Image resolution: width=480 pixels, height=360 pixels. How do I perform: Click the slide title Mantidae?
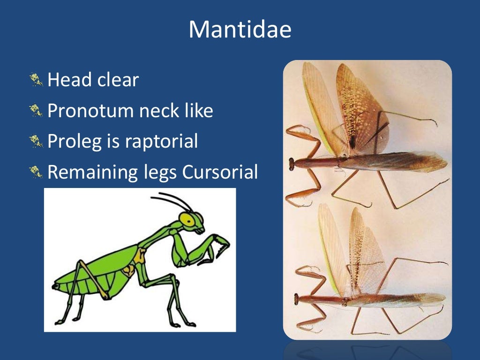pos(240,30)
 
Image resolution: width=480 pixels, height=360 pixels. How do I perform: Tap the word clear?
pos(118,80)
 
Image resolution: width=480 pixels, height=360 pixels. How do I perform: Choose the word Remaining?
pos(89,172)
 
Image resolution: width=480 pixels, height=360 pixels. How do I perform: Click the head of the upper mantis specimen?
pos(292,163)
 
